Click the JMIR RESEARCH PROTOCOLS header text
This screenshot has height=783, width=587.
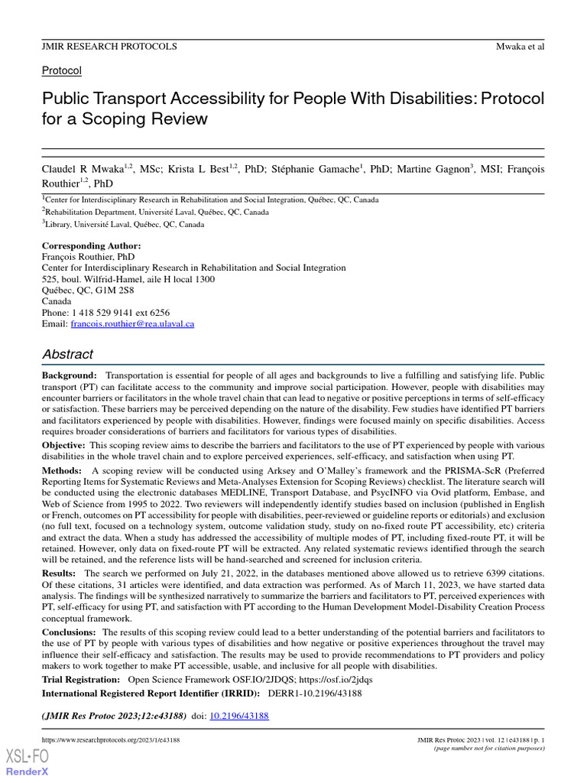pyautogui.click(x=109, y=47)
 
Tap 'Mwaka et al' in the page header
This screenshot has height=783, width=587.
pyautogui.click(x=520, y=47)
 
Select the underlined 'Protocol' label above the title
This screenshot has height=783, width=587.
pyautogui.click(x=61, y=70)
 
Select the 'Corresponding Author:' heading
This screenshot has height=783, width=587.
pyautogui.click(x=91, y=245)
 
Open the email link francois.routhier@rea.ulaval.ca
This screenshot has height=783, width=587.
pyautogui.click(x=132, y=324)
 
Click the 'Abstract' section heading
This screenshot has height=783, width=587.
pyautogui.click(x=67, y=354)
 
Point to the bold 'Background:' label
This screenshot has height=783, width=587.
pyautogui.click(x=70, y=375)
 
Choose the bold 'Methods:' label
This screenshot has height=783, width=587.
pyautogui.click(x=62, y=470)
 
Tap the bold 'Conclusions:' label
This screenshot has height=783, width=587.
pyautogui.click(x=69, y=632)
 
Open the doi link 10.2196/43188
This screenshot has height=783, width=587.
pyautogui.click(x=239, y=716)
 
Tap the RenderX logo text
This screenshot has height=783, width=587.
pyautogui.click(x=28, y=771)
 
